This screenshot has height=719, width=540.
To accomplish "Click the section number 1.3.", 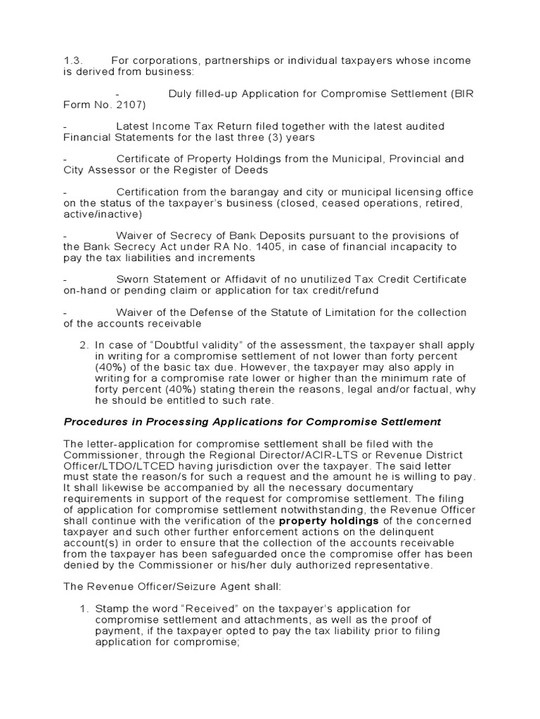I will point(73,60).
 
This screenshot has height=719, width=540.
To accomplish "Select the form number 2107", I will point(127,105).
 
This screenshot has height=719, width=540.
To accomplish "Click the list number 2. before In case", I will point(82,345).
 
